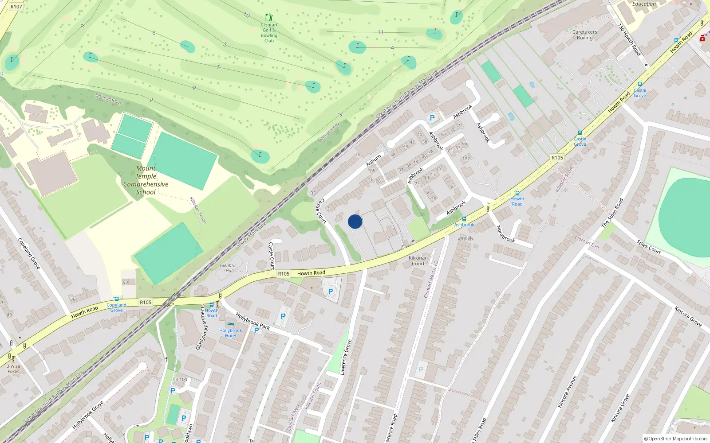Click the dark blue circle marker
(x=355, y=221)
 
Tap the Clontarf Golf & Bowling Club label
(x=269, y=33)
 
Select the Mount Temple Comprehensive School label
(x=146, y=180)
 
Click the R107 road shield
(x=16, y=7)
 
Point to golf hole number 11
(x=381, y=32)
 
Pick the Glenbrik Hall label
(x=228, y=268)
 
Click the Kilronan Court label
(x=418, y=260)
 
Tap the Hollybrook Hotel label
(x=230, y=333)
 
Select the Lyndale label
(x=465, y=238)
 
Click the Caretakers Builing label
(x=584, y=35)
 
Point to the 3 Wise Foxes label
(x=13, y=369)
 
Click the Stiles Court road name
(x=649, y=247)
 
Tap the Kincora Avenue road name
(x=567, y=392)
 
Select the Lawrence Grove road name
(x=346, y=357)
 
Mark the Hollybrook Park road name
(x=252, y=321)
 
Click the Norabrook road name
(x=505, y=233)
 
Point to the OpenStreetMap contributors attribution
(x=676, y=439)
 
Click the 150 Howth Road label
(x=630, y=39)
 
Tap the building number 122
(x=466, y=159)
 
